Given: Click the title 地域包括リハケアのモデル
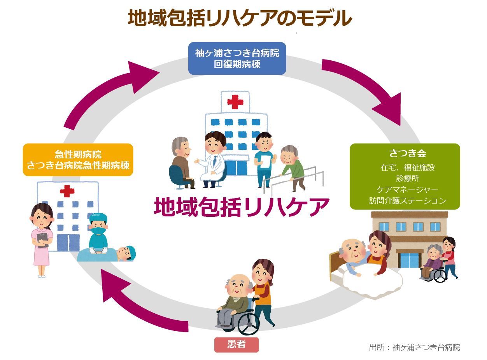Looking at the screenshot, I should click(x=240, y=18).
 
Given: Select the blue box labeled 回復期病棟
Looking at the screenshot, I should click(x=237, y=58).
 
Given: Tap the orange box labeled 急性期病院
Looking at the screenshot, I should click(x=78, y=160).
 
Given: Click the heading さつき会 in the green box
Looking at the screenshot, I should click(x=405, y=153).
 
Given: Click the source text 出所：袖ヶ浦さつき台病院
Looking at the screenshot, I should click(x=414, y=347).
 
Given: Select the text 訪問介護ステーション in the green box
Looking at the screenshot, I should click(x=407, y=201).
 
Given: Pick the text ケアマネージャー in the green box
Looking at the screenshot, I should click(x=407, y=190).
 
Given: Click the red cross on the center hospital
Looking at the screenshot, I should click(x=235, y=102).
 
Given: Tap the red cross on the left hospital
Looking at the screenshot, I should click(x=67, y=191).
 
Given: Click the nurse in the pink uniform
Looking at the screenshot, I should click(x=41, y=237).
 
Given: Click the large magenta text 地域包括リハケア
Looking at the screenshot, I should click(x=241, y=207).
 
